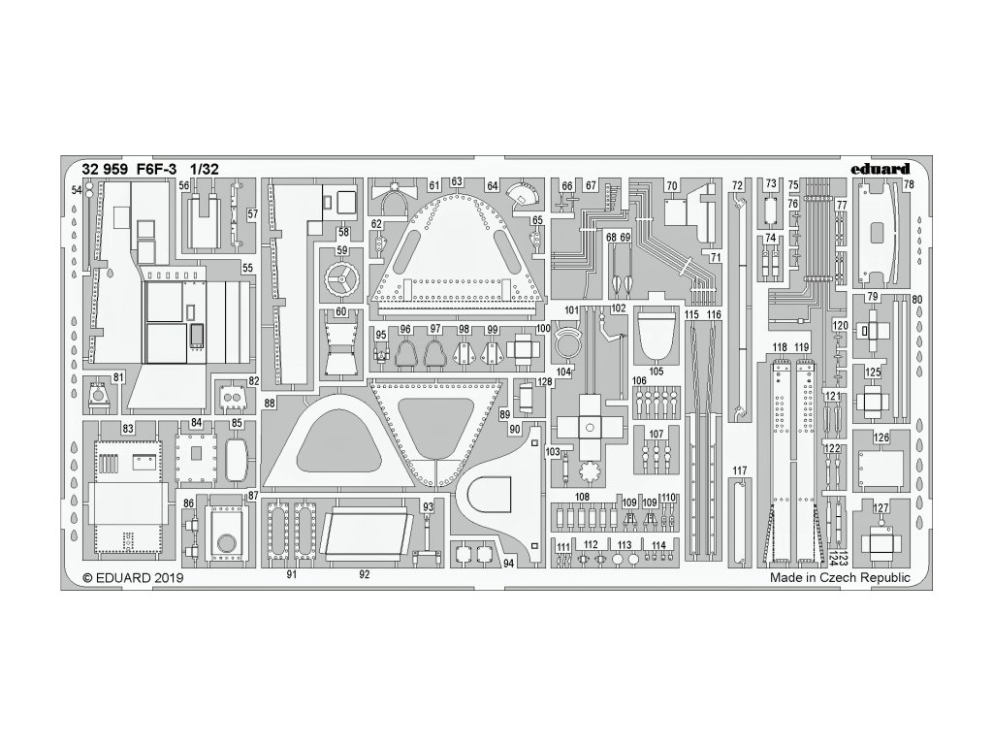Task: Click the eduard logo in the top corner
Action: click(881, 168)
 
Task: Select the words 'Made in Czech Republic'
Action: click(840, 577)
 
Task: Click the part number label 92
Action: click(365, 574)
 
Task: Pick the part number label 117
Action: click(741, 472)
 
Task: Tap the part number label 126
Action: click(881, 437)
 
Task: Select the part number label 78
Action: click(909, 184)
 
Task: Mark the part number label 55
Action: click(247, 268)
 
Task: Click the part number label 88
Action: click(269, 403)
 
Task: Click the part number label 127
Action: click(881, 508)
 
